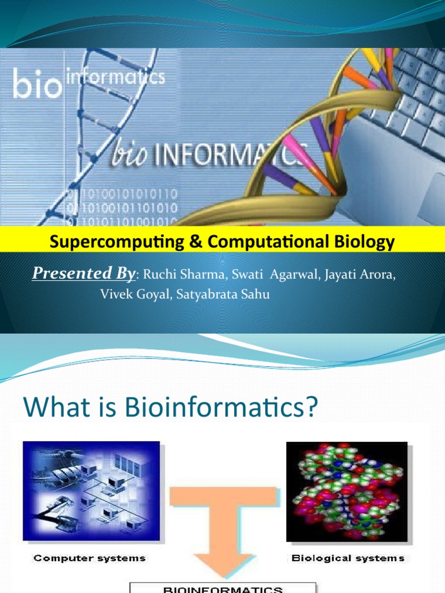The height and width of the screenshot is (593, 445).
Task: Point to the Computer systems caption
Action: (89, 559)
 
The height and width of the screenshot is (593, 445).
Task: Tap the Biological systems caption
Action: (348, 559)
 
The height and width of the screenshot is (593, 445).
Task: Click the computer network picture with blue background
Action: (91, 490)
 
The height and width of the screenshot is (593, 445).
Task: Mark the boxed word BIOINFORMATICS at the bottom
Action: (222, 590)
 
